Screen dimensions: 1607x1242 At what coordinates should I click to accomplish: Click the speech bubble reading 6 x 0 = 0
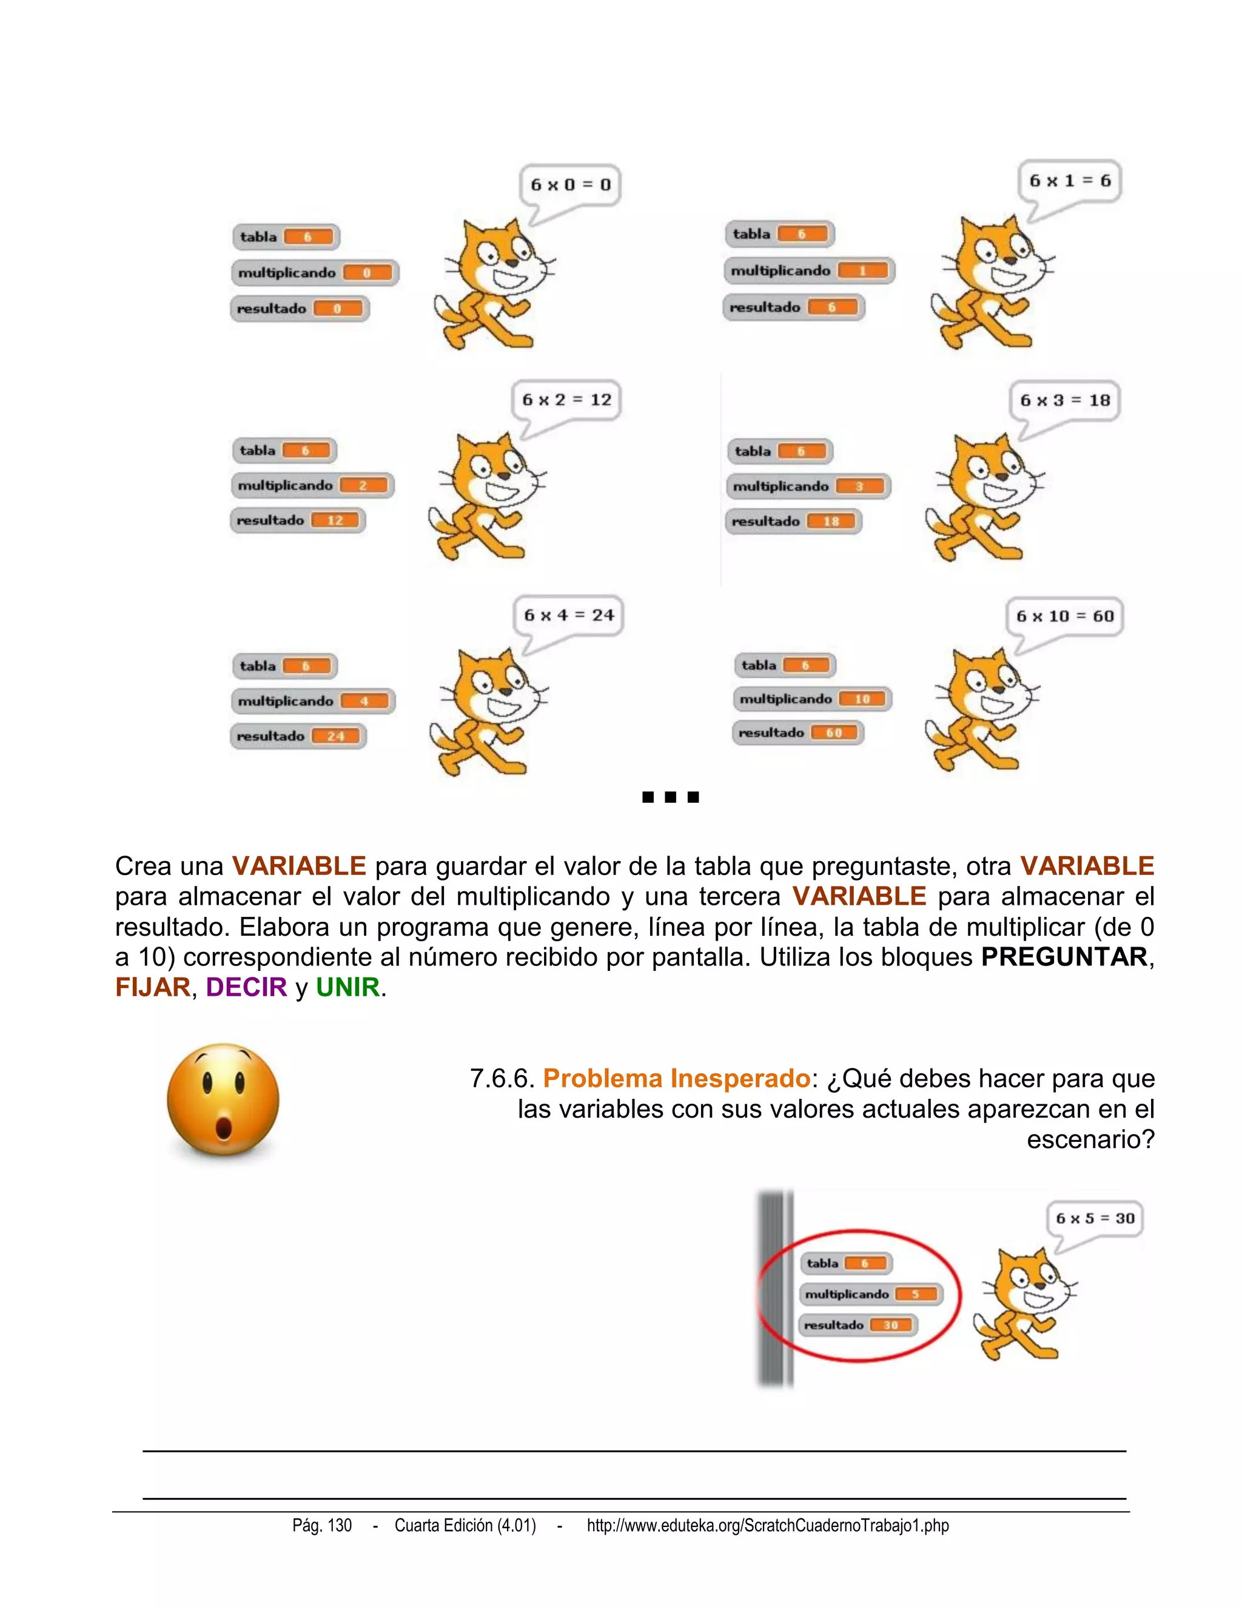coord(570,185)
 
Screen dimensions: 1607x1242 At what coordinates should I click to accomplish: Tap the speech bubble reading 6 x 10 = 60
coord(1065,617)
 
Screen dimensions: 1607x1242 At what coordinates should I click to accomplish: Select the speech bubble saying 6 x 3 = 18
coord(1065,401)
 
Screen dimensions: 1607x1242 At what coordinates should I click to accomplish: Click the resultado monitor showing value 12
coord(298,520)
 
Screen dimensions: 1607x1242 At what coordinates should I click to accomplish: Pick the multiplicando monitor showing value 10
coord(812,699)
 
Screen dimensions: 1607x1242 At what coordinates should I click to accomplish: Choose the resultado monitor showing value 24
coord(298,736)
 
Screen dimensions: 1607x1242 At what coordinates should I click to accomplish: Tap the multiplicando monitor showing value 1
coord(808,271)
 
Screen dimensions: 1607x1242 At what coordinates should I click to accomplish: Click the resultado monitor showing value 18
coord(793,521)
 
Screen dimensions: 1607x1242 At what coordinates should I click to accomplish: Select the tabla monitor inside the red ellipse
coord(846,1263)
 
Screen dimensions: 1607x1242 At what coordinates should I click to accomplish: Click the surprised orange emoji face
coord(223,1101)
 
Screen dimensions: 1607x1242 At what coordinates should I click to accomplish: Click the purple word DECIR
coord(246,987)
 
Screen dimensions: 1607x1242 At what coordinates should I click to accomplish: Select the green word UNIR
coord(347,987)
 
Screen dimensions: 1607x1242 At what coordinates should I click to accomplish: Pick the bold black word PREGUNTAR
coord(1064,956)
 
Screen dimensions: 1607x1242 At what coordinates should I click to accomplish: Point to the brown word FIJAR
coord(152,987)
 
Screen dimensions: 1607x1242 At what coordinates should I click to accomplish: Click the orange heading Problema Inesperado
coord(676,1079)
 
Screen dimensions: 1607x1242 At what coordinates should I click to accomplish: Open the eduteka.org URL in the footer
coord(767,1525)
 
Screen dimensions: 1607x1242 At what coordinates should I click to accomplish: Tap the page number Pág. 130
coord(322,1525)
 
